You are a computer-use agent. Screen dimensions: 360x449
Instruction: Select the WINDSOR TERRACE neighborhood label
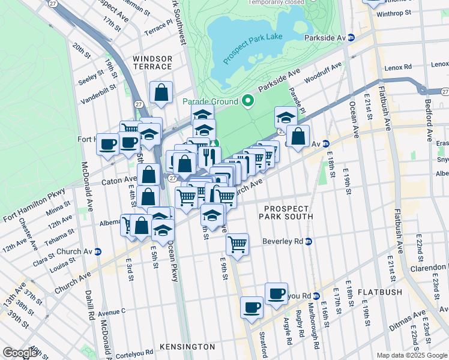pyautogui.click(x=152, y=63)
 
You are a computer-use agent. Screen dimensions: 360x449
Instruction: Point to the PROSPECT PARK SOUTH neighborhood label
pyautogui.click(x=286, y=212)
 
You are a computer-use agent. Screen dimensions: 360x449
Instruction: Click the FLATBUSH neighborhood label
pyautogui.click(x=380, y=292)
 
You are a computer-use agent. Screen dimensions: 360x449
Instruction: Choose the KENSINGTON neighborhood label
pyautogui.click(x=187, y=347)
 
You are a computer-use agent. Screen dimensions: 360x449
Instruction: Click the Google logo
pyautogui.click(x=20, y=353)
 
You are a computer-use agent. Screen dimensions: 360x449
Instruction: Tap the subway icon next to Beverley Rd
pyautogui.click(x=309, y=242)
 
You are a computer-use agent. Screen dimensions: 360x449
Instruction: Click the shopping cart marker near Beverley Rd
pyautogui.click(x=238, y=244)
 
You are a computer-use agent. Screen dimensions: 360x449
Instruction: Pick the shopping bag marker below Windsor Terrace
pyautogui.click(x=161, y=93)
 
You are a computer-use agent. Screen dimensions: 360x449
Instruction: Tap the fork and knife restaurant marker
pyautogui.click(x=208, y=157)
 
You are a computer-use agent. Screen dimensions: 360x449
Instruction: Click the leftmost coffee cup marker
pyautogui.click(x=108, y=144)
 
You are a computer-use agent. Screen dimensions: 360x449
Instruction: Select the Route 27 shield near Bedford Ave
pyautogui.click(x=444, y=91)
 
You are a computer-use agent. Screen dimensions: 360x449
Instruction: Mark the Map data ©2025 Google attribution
pyautogui.click(x=411, y=355)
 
